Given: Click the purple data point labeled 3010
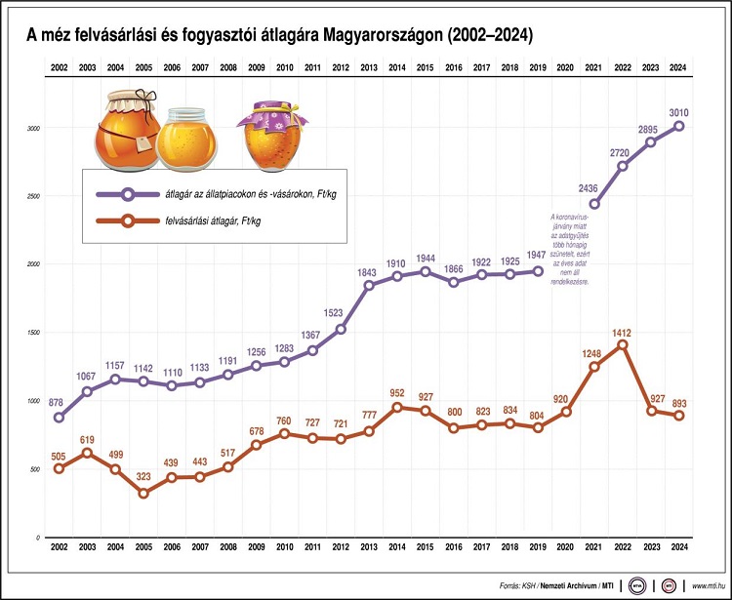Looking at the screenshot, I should coord(678,126).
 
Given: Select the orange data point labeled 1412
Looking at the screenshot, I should coord(623,344).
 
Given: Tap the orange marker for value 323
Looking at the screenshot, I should coord(144,493).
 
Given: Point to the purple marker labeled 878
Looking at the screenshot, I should coord(60,418).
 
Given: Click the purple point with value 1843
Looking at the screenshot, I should coord(369,285).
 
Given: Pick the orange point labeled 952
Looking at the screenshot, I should coord(397,407).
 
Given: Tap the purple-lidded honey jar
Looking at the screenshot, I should coord(268,129).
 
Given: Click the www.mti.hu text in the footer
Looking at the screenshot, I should coord(711,585).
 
